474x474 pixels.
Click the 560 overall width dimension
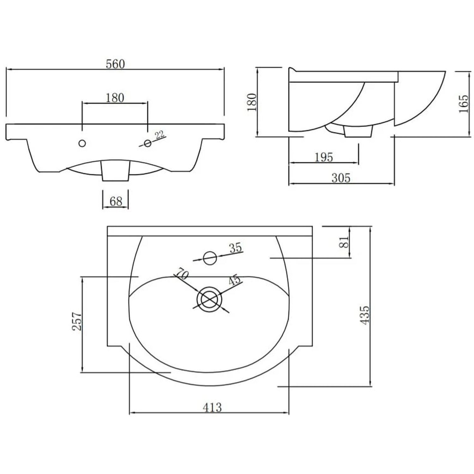point(115,64)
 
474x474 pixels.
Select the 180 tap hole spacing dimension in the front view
point(115,98)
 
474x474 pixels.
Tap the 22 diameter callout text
point(160,135)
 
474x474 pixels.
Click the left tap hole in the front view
point(82,143)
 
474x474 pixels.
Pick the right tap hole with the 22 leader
point(147,143)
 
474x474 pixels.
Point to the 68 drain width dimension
point(116,201)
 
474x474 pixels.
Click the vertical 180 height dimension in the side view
point(252,102)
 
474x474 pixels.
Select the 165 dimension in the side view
point(463,104)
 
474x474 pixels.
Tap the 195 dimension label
point(324,157)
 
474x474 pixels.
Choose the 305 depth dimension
point(341,178)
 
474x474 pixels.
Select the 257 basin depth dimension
point(77,321)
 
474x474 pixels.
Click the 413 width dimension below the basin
point(212,407)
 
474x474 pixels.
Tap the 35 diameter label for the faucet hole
point(236,248)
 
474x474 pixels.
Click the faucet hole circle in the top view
point(210,258)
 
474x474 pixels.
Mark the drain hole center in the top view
point(209,299)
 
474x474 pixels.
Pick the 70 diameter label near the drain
point(182,273)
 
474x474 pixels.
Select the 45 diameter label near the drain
point(234,280)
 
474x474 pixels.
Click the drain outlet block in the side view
point(358,131)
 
